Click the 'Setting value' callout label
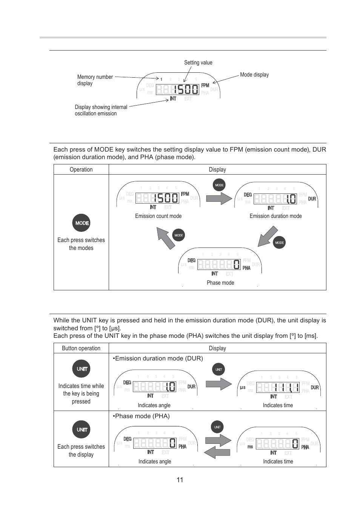(198, 63)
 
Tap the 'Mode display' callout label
(254, 75)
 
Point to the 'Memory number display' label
(95, 80)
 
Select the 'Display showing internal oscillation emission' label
(101, 110)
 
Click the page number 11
(180, 480)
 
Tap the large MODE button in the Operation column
(81, 223)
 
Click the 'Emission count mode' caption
(158, 216)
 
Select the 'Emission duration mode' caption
(275, 216)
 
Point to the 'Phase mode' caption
(220, 283)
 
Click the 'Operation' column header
(81, 170)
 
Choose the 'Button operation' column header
(81, 348)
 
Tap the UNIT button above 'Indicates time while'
(81, 369)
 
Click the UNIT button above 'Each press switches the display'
(81, 429)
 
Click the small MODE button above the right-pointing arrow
(219, 185)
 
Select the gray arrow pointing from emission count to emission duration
(219, 198)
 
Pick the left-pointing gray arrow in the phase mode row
(217, 452)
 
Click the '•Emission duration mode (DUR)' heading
(158, 358)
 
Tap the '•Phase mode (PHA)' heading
(141, 416)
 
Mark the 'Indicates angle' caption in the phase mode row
(155, 462)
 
